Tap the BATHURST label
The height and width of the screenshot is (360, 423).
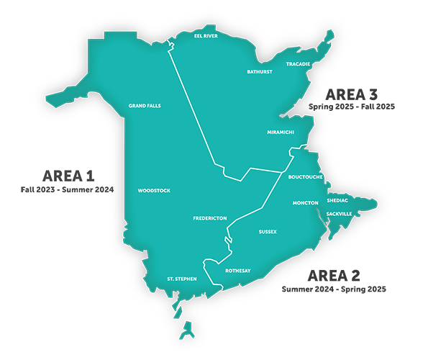pyautogui.click(x=260, y=72)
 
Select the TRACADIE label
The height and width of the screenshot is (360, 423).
pyautogui.click(x=298, y=64)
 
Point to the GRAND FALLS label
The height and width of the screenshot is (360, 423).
pyautogui.click(x=145, y=106)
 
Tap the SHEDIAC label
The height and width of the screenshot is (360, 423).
pyautogui.click(x=337, y=201)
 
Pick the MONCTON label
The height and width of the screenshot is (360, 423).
pyautogui.click(x=306, y=203)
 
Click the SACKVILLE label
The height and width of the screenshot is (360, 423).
pyautogui.click(x=341, y=215)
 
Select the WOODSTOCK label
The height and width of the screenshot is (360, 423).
pyautogui.click(x=153, y=191)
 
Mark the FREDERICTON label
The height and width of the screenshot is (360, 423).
pyautogui.click(x=210, y=217)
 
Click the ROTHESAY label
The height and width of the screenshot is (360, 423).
pyautogui.click(x=237, y=271)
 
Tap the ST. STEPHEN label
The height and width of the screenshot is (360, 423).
pyautogui.click(x=181, y=278)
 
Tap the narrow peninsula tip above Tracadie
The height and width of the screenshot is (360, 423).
pyautogui.click(x=331, y=35)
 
